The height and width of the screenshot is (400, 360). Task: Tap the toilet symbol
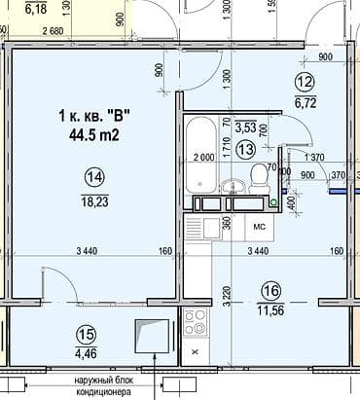(258, 177)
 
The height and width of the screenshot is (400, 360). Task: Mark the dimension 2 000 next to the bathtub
(204, 158)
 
